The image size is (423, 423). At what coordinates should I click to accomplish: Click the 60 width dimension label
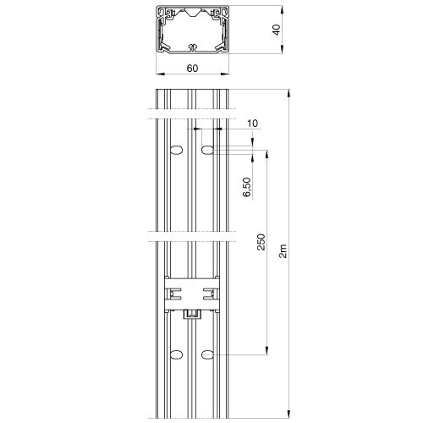coord(192,69)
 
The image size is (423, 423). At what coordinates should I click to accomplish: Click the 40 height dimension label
coord(277,30)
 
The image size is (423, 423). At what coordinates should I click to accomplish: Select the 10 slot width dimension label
coord(253,124)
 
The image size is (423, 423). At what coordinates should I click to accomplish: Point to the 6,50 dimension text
coord(247,187)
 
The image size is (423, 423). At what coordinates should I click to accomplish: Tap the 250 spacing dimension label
coord(261,242)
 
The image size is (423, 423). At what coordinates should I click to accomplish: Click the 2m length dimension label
coord(283,251)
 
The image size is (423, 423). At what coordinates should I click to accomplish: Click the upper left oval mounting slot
coord(177,150)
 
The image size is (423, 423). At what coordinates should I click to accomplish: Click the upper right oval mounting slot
coord(207,150)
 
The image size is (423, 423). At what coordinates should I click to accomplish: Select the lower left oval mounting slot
coord(177,354)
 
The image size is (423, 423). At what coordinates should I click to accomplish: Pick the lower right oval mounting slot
coord(207,354)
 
